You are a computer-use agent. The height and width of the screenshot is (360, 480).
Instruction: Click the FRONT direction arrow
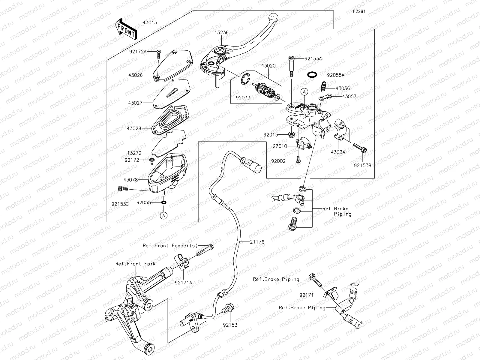tap(126, 29)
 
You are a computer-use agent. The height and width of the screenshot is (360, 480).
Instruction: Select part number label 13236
tap(222, 33)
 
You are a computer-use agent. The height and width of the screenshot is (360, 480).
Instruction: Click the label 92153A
tap(313, 59)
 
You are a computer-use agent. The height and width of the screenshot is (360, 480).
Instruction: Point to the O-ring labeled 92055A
tap(313, 75)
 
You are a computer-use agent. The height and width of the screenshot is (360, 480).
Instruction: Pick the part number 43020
tap(268, 66)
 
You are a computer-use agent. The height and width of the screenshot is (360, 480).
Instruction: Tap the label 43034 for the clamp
tap(338, 152)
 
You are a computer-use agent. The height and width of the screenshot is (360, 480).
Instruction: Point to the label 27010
tap(280, 146)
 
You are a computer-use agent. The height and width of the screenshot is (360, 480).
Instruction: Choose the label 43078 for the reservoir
tap(130, 180)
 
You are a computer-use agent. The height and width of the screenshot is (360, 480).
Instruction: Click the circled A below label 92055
tap(163, 215)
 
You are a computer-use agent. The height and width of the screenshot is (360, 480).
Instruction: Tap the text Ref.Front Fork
tap(136, 264)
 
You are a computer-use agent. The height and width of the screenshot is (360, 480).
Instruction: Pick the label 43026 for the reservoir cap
tap(135, 75)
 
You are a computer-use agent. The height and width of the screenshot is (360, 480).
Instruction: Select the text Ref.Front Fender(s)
tap(170, 246)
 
